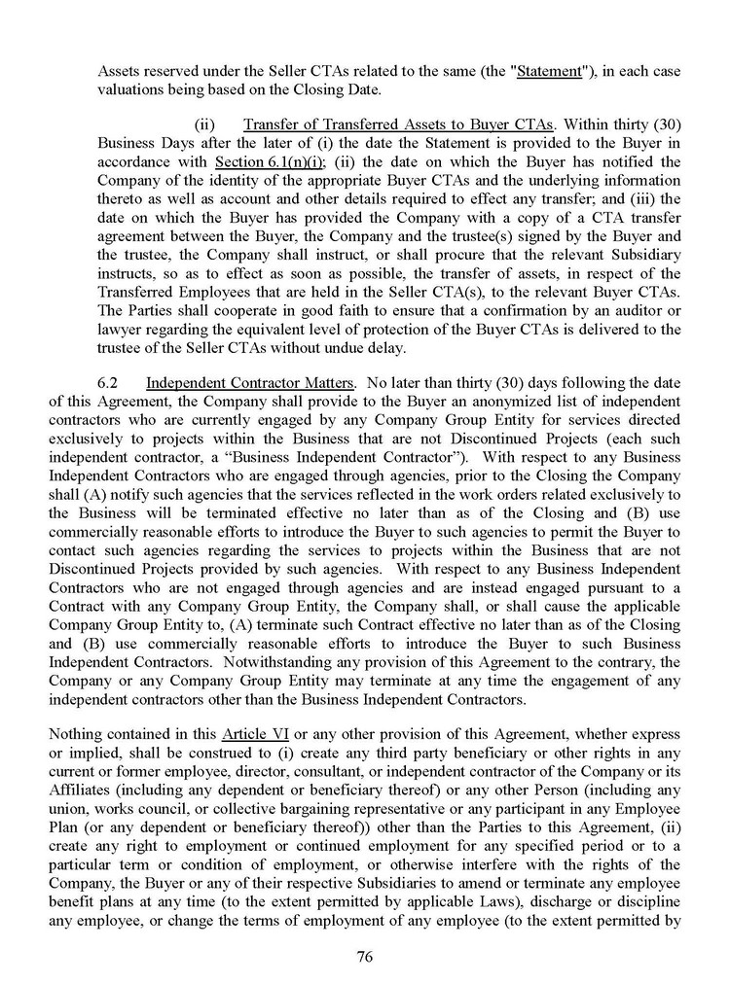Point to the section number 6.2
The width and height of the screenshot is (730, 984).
click(158, 370)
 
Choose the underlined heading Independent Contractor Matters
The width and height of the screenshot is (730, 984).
click(272, 370)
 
